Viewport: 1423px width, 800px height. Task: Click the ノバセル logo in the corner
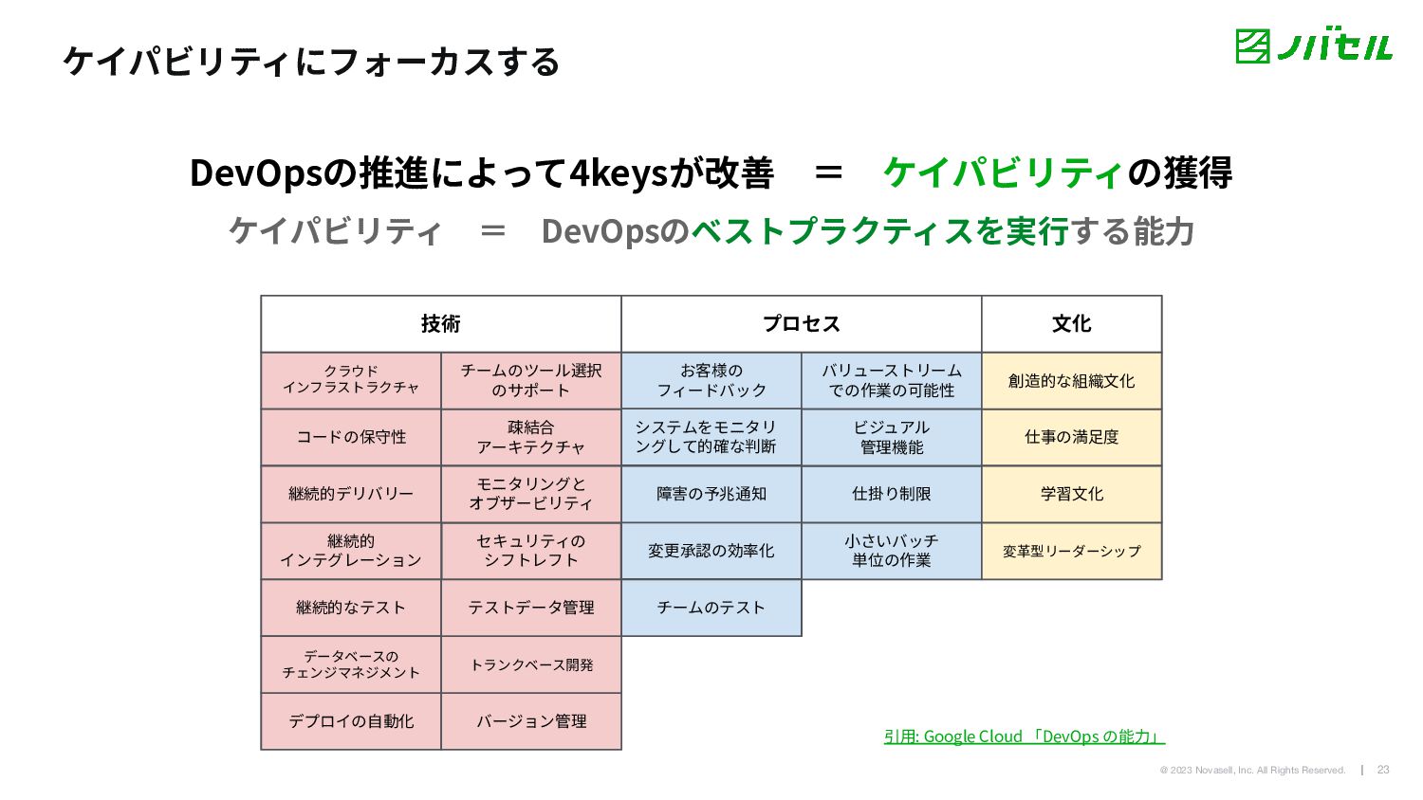point(1314,45)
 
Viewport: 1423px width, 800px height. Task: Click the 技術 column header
point(441,324)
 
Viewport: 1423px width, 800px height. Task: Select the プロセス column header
point(802,324)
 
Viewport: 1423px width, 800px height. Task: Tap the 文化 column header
point(1072,324)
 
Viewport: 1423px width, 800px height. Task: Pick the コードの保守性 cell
point(351,437)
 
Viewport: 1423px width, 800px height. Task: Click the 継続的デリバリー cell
point(351,494)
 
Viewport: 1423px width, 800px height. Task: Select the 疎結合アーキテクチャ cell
point(531,437)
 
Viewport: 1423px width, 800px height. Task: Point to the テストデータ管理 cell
point(531,608)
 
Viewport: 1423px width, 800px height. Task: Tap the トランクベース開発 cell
point(531,664)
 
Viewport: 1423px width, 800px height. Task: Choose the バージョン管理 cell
point(531,721)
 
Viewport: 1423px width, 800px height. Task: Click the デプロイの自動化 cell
point(351,721)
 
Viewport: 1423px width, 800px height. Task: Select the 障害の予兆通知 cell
point(711,494)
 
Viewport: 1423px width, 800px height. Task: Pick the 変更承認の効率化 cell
point(711,551)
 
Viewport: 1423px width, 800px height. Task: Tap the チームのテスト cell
point(711,608)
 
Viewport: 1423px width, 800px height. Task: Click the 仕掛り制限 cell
point(892,494)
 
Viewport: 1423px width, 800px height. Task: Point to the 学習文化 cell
point(1072,494)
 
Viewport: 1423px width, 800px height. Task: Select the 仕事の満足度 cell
point(1072,437)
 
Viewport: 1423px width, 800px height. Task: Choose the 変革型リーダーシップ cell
point(1072,551)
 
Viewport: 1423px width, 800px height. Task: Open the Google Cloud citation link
point(1025,736)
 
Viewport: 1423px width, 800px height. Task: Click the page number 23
point(1383,770)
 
